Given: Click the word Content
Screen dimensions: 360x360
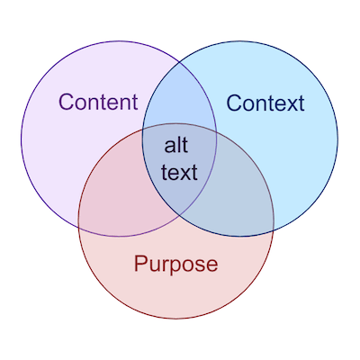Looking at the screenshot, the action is click(98, 102).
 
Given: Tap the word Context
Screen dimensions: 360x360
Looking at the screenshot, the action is click(265, 103).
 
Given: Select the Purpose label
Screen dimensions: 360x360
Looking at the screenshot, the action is click(176, 265).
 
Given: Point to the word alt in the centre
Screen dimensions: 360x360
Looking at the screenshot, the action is click(176, 146).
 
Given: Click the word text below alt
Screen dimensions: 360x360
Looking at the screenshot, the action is click(179, 172).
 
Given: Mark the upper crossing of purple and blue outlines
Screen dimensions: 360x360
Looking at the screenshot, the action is click(179, 62).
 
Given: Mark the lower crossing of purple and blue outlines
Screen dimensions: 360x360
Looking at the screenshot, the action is click(179, 215).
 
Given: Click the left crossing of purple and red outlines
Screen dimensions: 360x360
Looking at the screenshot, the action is click(79, 228).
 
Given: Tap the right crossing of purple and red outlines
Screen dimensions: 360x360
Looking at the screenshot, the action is click(216, 131).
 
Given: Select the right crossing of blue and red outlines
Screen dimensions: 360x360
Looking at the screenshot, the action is click(273, 230).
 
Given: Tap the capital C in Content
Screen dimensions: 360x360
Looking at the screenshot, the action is click(67, 102).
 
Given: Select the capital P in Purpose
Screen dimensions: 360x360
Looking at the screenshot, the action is click(140, 263).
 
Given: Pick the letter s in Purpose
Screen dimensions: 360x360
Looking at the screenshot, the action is click(198, 265).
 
